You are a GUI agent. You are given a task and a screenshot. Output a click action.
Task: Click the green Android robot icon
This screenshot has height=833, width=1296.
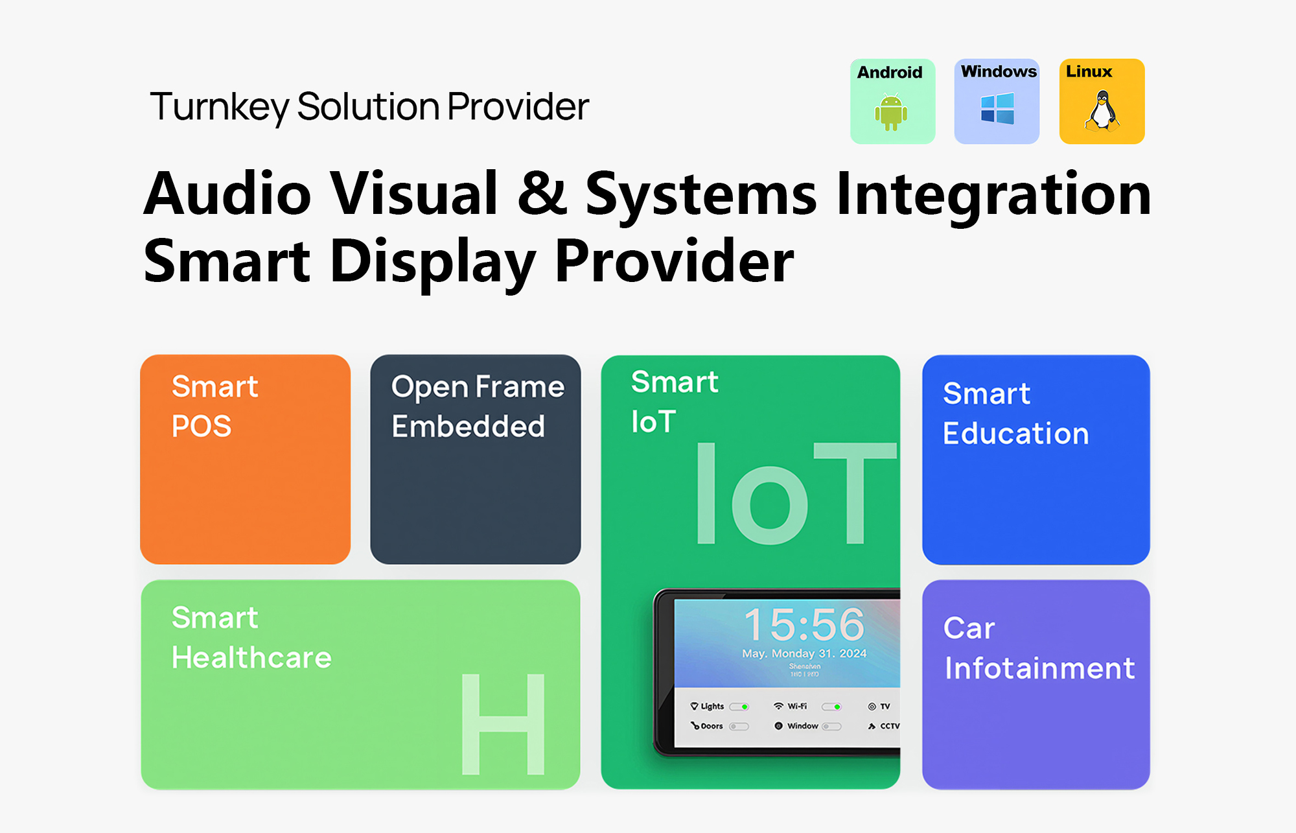click(x=891, y=113)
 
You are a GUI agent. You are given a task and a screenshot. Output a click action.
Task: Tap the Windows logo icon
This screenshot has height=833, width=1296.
click(x=997, y=108)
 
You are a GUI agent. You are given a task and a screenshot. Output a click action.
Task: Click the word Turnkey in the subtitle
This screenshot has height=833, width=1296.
click(x=219, y=107)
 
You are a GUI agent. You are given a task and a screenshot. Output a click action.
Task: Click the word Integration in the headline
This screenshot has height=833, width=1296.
click(x=993, y=194)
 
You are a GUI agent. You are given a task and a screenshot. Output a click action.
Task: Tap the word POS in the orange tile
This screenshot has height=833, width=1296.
click(x=202, y=427)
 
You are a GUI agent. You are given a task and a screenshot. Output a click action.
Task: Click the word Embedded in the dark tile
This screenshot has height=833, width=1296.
click(x=468, y=427)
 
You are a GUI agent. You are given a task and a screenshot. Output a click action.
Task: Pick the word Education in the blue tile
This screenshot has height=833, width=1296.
click(x=1015, y=434)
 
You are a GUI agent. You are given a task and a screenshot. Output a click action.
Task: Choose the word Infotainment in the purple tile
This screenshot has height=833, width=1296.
click(x=1039, y=668)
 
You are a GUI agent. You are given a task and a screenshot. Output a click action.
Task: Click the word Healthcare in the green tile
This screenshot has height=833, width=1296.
click(x=251, y=658)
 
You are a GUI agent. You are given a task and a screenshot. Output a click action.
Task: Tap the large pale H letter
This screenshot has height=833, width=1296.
click(x=503, y=724)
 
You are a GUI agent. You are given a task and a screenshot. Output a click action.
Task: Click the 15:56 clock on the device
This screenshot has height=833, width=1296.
click(x=804, y=624)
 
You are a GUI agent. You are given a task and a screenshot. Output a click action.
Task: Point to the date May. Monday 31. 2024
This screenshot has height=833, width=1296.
click(x=804, y=653)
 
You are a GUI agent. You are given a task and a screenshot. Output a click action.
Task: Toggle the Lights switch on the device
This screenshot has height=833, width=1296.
click(x=739, y=707)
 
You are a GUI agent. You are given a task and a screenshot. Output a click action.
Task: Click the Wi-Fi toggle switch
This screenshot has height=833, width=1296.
click(x=832, y=707)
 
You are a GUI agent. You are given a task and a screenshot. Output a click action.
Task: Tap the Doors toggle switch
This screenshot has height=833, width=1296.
click(x=739, y=727)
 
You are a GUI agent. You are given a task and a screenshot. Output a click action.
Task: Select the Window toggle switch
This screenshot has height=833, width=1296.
click(x=831, y=727)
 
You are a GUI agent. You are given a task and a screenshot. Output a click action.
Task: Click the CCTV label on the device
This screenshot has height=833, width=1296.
click(x=889, y=726)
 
